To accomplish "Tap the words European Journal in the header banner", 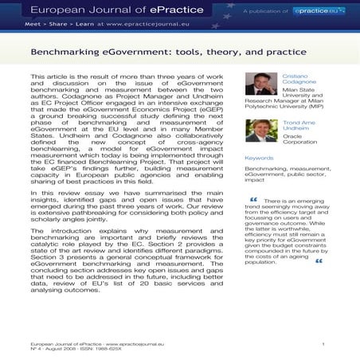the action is pyautogui.click(x=63, y=9).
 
